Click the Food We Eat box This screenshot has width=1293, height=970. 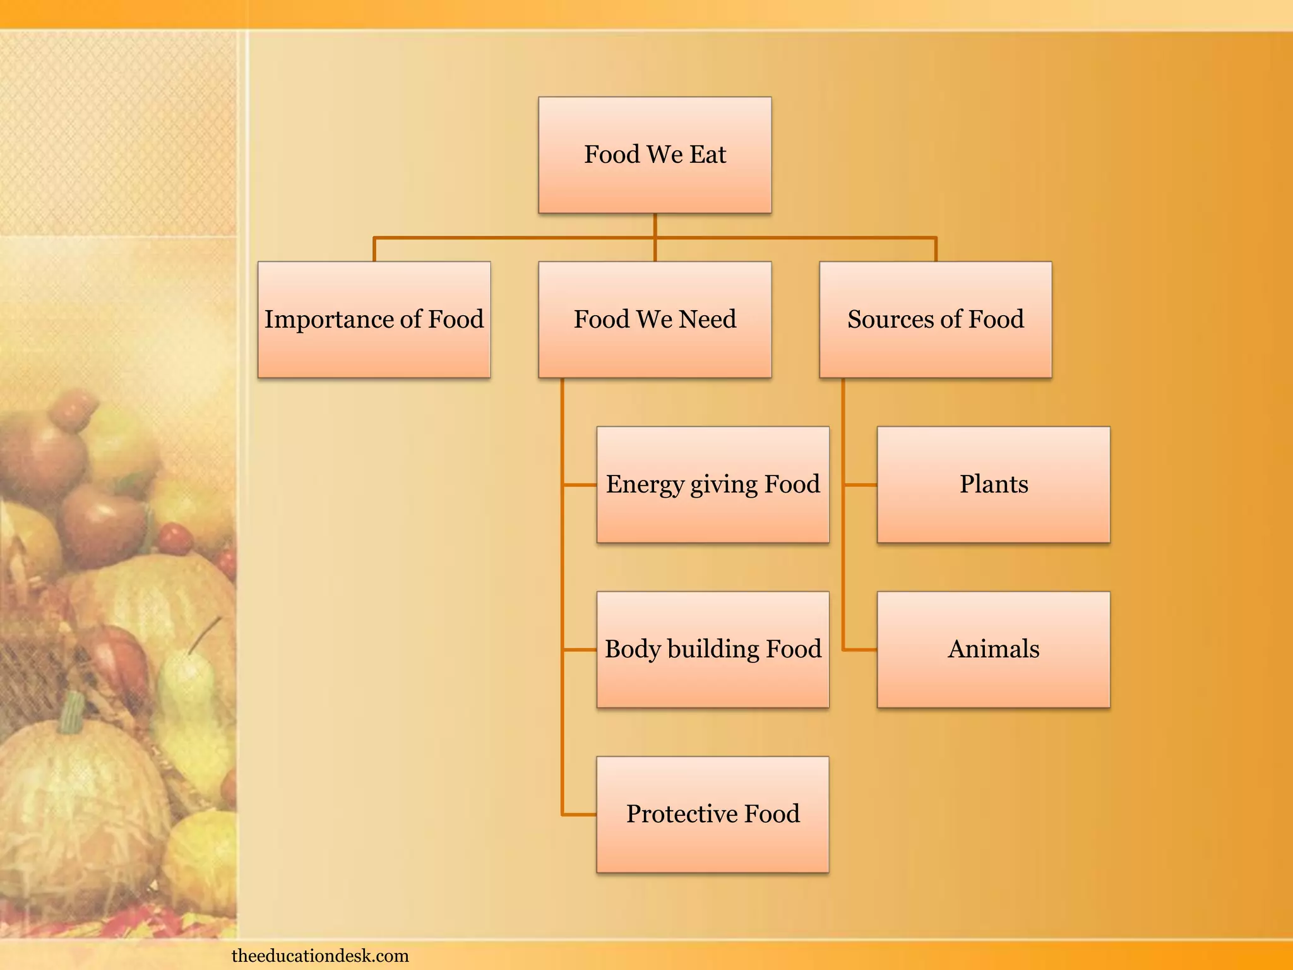coord(655,155)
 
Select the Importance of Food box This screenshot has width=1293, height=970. coord(374,320)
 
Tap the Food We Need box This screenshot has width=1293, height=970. coord(655,320)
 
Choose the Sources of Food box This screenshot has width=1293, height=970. coord(935,320)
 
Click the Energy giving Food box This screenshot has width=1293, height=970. coord(713,484)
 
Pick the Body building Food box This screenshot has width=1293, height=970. coord(713,649)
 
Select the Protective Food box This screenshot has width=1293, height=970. coord(713,814)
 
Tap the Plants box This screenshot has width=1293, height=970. coord(993,484)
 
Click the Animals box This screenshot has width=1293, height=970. coord(993,649)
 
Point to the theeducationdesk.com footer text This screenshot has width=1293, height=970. coord(320,955)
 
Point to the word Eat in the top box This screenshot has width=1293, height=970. coord(708,155)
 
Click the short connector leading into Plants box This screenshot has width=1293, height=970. coord(861,485)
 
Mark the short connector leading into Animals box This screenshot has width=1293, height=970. coord(861,649)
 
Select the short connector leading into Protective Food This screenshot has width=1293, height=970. coord(580,815)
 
